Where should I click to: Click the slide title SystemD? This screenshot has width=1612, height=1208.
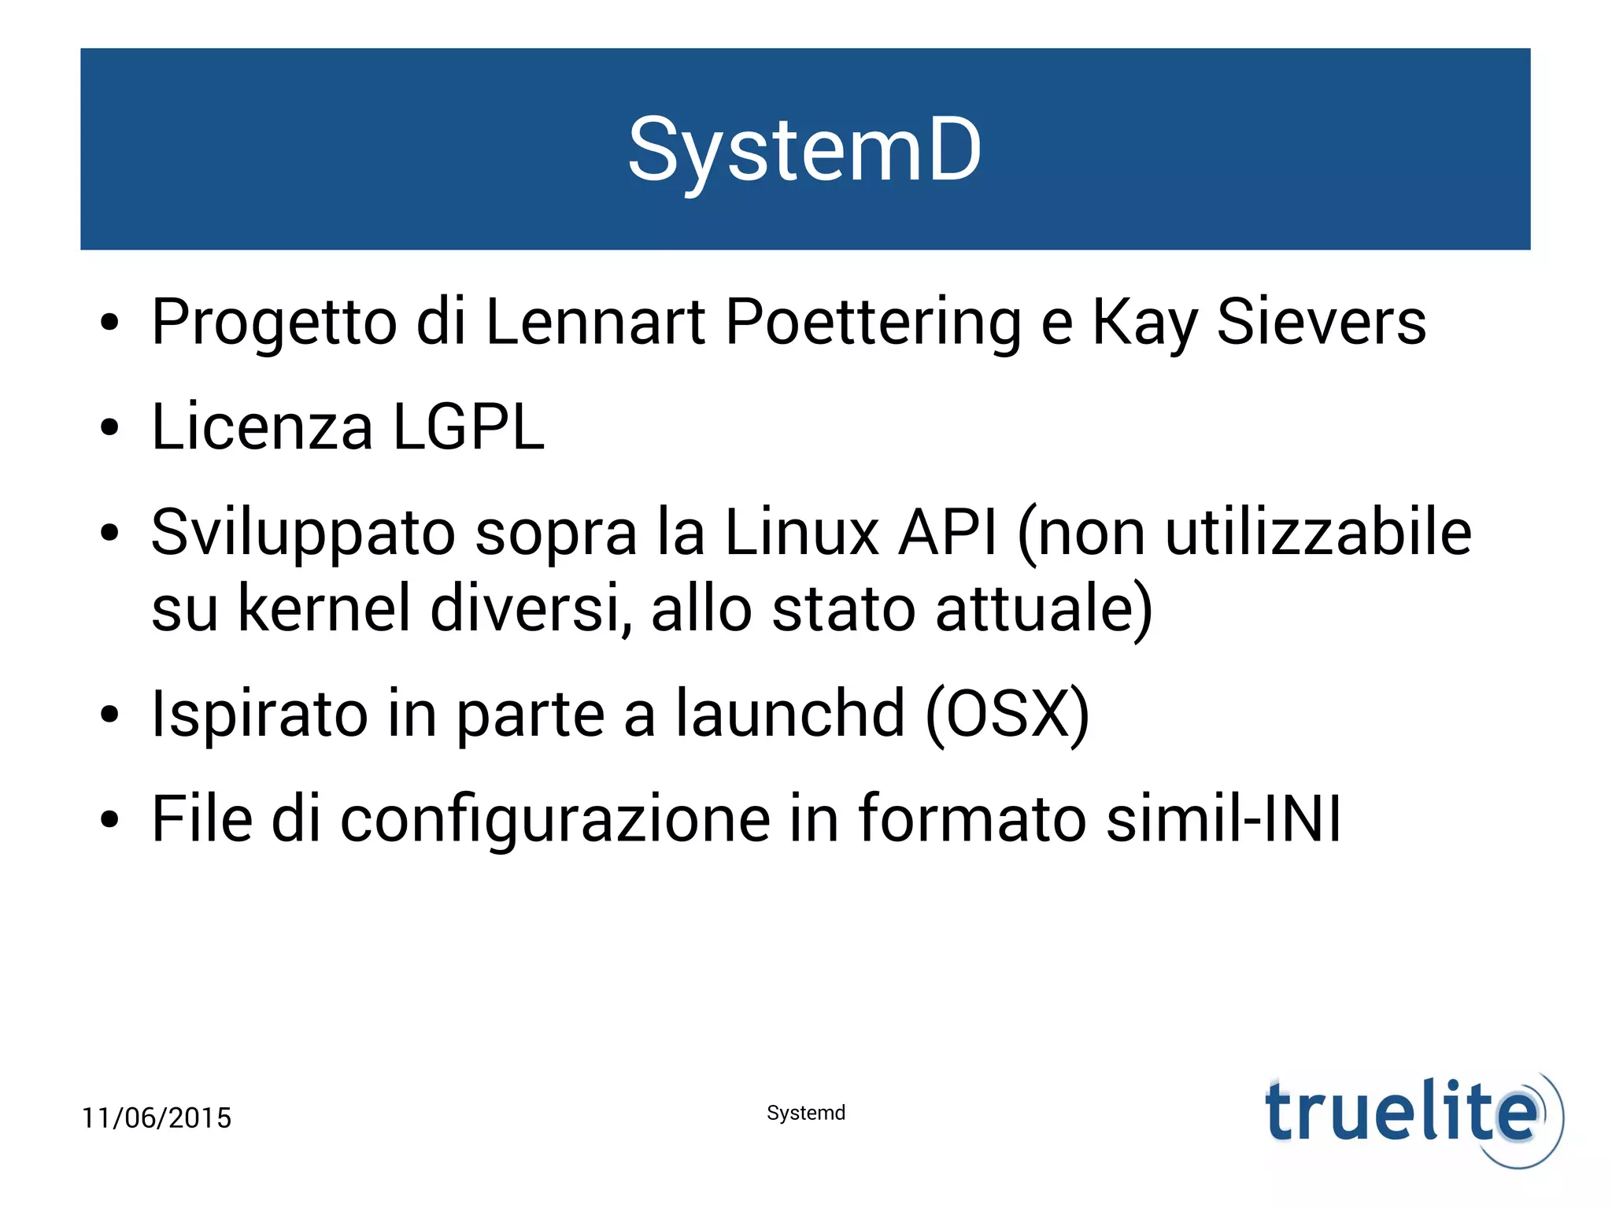tap(804, 150)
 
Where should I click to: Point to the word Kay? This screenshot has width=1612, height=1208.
tap(1144, 323)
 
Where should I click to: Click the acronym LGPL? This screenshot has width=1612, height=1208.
tap(468, 427)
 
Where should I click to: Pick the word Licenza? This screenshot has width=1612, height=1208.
tap(262, 427)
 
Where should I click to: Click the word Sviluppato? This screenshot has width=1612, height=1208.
tap(303, 534)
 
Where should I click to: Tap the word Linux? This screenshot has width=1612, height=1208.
tap(801, 532)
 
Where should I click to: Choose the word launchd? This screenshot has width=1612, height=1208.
tap(790, 713)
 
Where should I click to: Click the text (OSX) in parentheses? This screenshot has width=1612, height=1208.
tap(1007, 715)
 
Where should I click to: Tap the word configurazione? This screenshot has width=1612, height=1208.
tap(555, 820)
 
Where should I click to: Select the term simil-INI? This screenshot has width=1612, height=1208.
tap(1223, 818)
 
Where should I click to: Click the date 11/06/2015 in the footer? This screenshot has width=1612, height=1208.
tap(157, 1117)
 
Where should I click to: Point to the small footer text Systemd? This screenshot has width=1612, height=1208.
tap(806, 1113)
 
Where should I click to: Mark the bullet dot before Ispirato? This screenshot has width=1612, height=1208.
tap(109, 715)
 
